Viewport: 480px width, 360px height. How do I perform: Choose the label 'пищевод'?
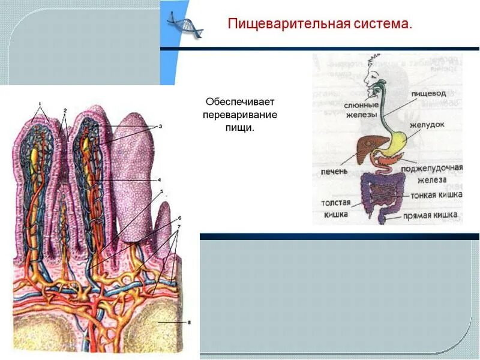(428, 94)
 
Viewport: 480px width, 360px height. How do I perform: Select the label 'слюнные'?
(361, 105)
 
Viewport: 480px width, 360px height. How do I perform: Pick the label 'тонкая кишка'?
(436, 195)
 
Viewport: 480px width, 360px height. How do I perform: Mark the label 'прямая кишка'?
(431, 215)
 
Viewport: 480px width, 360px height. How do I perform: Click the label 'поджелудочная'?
(432, 168)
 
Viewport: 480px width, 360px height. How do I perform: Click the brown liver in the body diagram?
(362, 145)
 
